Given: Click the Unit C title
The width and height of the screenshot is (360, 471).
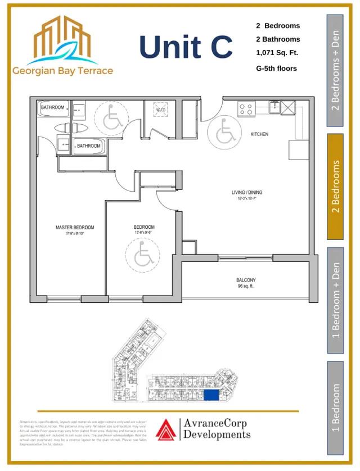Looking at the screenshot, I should point(186,47).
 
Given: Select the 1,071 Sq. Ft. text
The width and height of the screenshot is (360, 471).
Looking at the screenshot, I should point(277,53).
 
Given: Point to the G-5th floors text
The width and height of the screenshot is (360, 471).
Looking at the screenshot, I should point(276,69).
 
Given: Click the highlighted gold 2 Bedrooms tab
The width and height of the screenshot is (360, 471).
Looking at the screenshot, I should point(335,187).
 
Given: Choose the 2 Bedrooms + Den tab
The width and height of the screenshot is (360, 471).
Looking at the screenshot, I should point(335,70).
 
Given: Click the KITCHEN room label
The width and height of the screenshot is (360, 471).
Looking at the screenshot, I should point(259,134).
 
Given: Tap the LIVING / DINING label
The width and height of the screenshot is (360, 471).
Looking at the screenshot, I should point(247,193).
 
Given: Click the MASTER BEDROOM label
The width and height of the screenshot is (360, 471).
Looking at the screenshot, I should point(75,228).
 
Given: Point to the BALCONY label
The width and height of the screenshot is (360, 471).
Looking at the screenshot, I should point(246,280).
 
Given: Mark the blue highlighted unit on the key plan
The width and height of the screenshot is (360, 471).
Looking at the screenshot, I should point(211,396).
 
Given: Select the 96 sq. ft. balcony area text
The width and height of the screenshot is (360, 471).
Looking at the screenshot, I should point(246,287).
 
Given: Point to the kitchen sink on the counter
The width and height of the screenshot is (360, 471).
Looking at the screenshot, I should point(275,106).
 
